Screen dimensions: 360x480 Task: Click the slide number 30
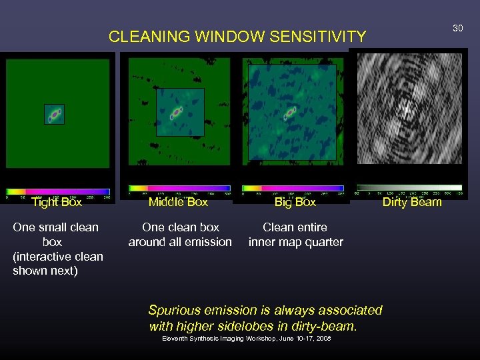(x=457, y=28)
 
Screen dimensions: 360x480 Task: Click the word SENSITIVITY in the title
(x=317, y=37)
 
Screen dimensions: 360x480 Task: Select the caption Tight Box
(x=57, y=201)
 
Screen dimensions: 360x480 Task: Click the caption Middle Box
(x=178, y=201)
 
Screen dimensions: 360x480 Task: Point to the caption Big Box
(x=295, y=201)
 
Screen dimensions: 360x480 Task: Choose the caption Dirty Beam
(x=412, y=201)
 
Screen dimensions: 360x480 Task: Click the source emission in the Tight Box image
(x=55, y=115)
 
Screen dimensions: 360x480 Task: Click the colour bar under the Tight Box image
(x=58, y=191)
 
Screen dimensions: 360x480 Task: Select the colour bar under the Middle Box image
(x=179, y=189)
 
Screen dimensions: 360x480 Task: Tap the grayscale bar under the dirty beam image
(x=409, y=188)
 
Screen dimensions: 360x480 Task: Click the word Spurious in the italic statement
(x=174, y=310)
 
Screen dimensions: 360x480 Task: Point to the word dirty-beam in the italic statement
(x=325, y=327)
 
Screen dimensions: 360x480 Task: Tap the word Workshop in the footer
(x=254, y=339)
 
